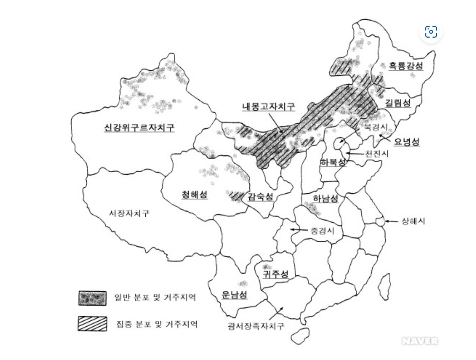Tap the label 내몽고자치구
click(x=269, y=107)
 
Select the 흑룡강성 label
click(x=406, y=66)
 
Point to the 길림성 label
click(x=398, y=103)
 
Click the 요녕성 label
click(x=407, y=142)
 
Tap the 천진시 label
click(x=376, y=154)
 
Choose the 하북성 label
click(x=333, y=162)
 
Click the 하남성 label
click(x=326, y=199)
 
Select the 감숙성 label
click(x=260, y=196)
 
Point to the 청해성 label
click(x=195, y=194)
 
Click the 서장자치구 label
click(x=129, y=213)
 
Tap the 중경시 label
click(x=322, y=230)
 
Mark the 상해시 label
click(x=413, y=222)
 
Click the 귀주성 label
click(x=275, y=274)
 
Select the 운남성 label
click(x=234, y=294)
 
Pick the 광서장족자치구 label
click(x=256, y=326)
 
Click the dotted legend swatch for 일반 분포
click(x=92, y=298)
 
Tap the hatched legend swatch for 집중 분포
click(x=92, y=324)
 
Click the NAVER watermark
click(x=420, y=341)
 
